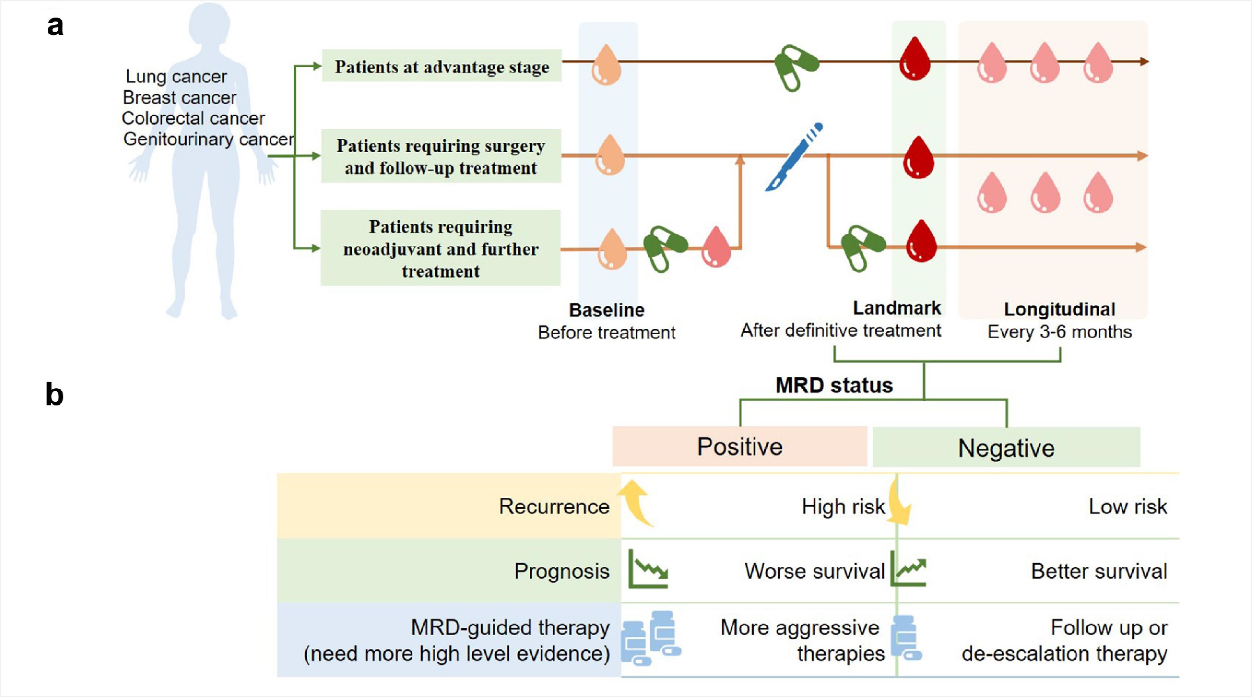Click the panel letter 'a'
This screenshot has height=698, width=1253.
tap(55, 25)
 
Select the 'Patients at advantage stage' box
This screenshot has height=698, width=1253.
tap(442, 66)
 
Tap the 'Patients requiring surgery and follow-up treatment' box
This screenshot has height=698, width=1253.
tap(441, 156)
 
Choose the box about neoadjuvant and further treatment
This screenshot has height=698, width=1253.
tap(440, 248)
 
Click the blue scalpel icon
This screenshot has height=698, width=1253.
tap(794, 157)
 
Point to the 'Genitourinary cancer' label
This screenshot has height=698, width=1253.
tap(208, 139)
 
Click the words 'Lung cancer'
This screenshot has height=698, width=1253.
tap(176, 76)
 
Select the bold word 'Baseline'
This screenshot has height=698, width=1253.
tap(606, 310)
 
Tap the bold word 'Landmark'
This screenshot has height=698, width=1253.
tap(897, 308)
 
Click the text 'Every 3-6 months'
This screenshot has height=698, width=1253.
tap(1060, 332)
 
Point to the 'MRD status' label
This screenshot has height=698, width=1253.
tap(834, 385)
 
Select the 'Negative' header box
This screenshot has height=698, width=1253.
tap(1006, 448)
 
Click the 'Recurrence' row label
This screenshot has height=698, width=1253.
tap(554, 506)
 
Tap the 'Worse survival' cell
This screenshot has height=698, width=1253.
tap(814, 571)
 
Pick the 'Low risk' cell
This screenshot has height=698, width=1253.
tap(1127, 506)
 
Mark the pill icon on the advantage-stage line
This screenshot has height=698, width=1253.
tap(796, 67)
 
